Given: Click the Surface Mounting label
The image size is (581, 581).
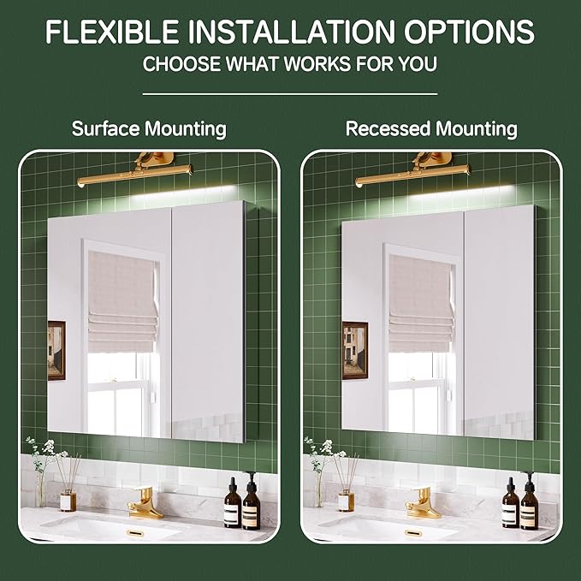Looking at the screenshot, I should click(x=149, y=129).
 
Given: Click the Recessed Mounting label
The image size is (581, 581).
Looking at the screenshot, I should click(x=431, y=129).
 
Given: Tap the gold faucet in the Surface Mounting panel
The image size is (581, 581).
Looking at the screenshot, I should click(x=144, y=503).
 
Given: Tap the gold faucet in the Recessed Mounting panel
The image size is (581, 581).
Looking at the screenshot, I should click(x=423, y=503).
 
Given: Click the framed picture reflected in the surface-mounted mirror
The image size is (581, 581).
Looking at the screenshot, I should click(x=56, y=350).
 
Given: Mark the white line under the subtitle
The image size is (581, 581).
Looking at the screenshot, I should click(x=290, y=92).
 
